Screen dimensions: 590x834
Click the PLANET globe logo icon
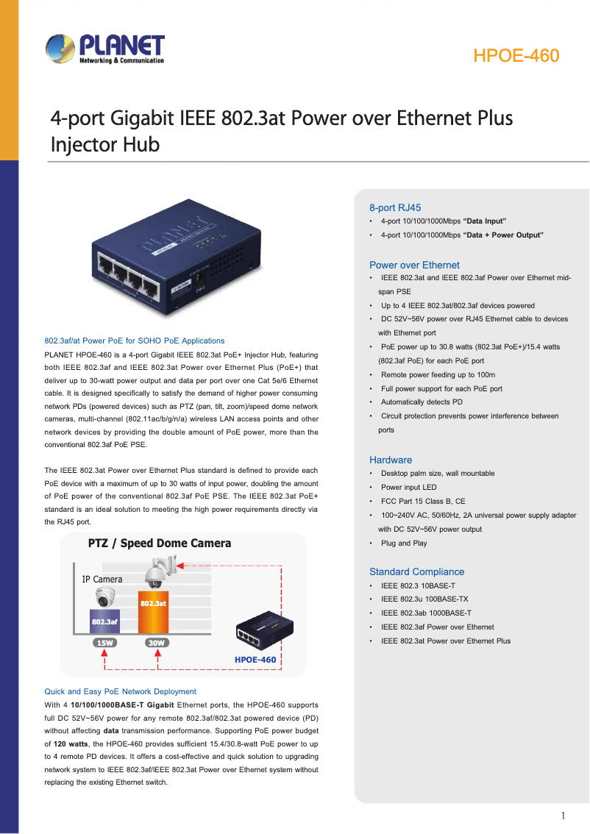[x=60, y=49]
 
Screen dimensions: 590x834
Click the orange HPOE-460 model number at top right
[x=516, y=56]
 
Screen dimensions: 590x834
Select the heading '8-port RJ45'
[x=395, y=208]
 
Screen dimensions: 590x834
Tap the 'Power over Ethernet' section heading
[x=414, y=265]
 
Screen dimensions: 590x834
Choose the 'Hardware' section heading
[x=391, y=460]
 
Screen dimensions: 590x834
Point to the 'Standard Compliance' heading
[x=416, y=571]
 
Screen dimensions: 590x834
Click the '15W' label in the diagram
[x=104, y=643]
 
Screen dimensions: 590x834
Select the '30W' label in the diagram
[x=157, y=643]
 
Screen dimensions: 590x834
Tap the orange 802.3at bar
[x=153, y=612]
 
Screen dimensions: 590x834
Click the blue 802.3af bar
[x=104, y=621]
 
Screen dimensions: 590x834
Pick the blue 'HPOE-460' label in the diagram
[x=255, y=660]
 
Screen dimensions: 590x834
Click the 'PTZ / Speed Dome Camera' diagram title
[x=160, y=543]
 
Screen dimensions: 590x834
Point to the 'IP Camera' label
[x=102, y=580]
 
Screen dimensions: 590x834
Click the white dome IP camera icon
[x=105, y=597]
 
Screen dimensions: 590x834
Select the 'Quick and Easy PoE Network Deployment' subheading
[x=120, y=691]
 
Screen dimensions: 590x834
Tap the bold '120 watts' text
[x=71, y=744]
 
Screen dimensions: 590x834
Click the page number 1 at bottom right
[x=563, y=816]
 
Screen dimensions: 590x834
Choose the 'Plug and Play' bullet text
[x=404, y=543]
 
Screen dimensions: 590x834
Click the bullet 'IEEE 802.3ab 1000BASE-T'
[x=426, y=613]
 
